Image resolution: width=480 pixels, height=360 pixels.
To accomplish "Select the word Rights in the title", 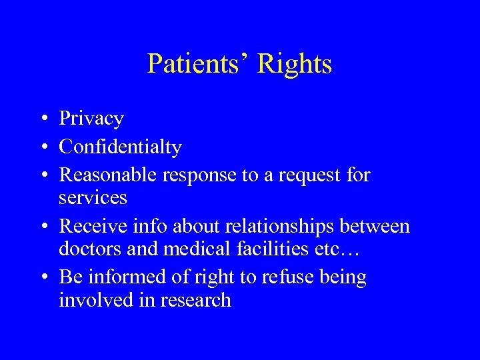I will (x=294, y=64).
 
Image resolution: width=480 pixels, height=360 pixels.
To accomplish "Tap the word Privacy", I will (x=91, y=119).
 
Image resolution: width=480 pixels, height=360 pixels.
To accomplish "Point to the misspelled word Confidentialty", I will (x=120, y=147).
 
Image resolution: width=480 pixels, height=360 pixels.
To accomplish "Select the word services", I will (x=93, y=197).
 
